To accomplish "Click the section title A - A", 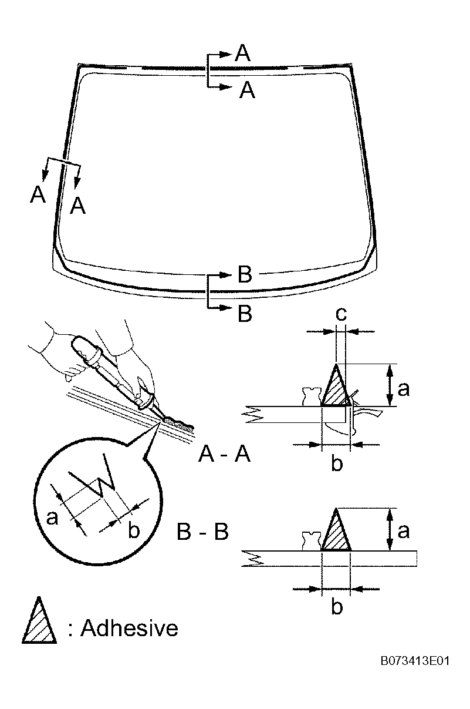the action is tap(224, 455).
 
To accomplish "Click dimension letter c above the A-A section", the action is tap(341, 314).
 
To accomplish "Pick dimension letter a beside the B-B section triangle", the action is tap(403, 531).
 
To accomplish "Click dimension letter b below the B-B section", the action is tap(337, 606).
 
